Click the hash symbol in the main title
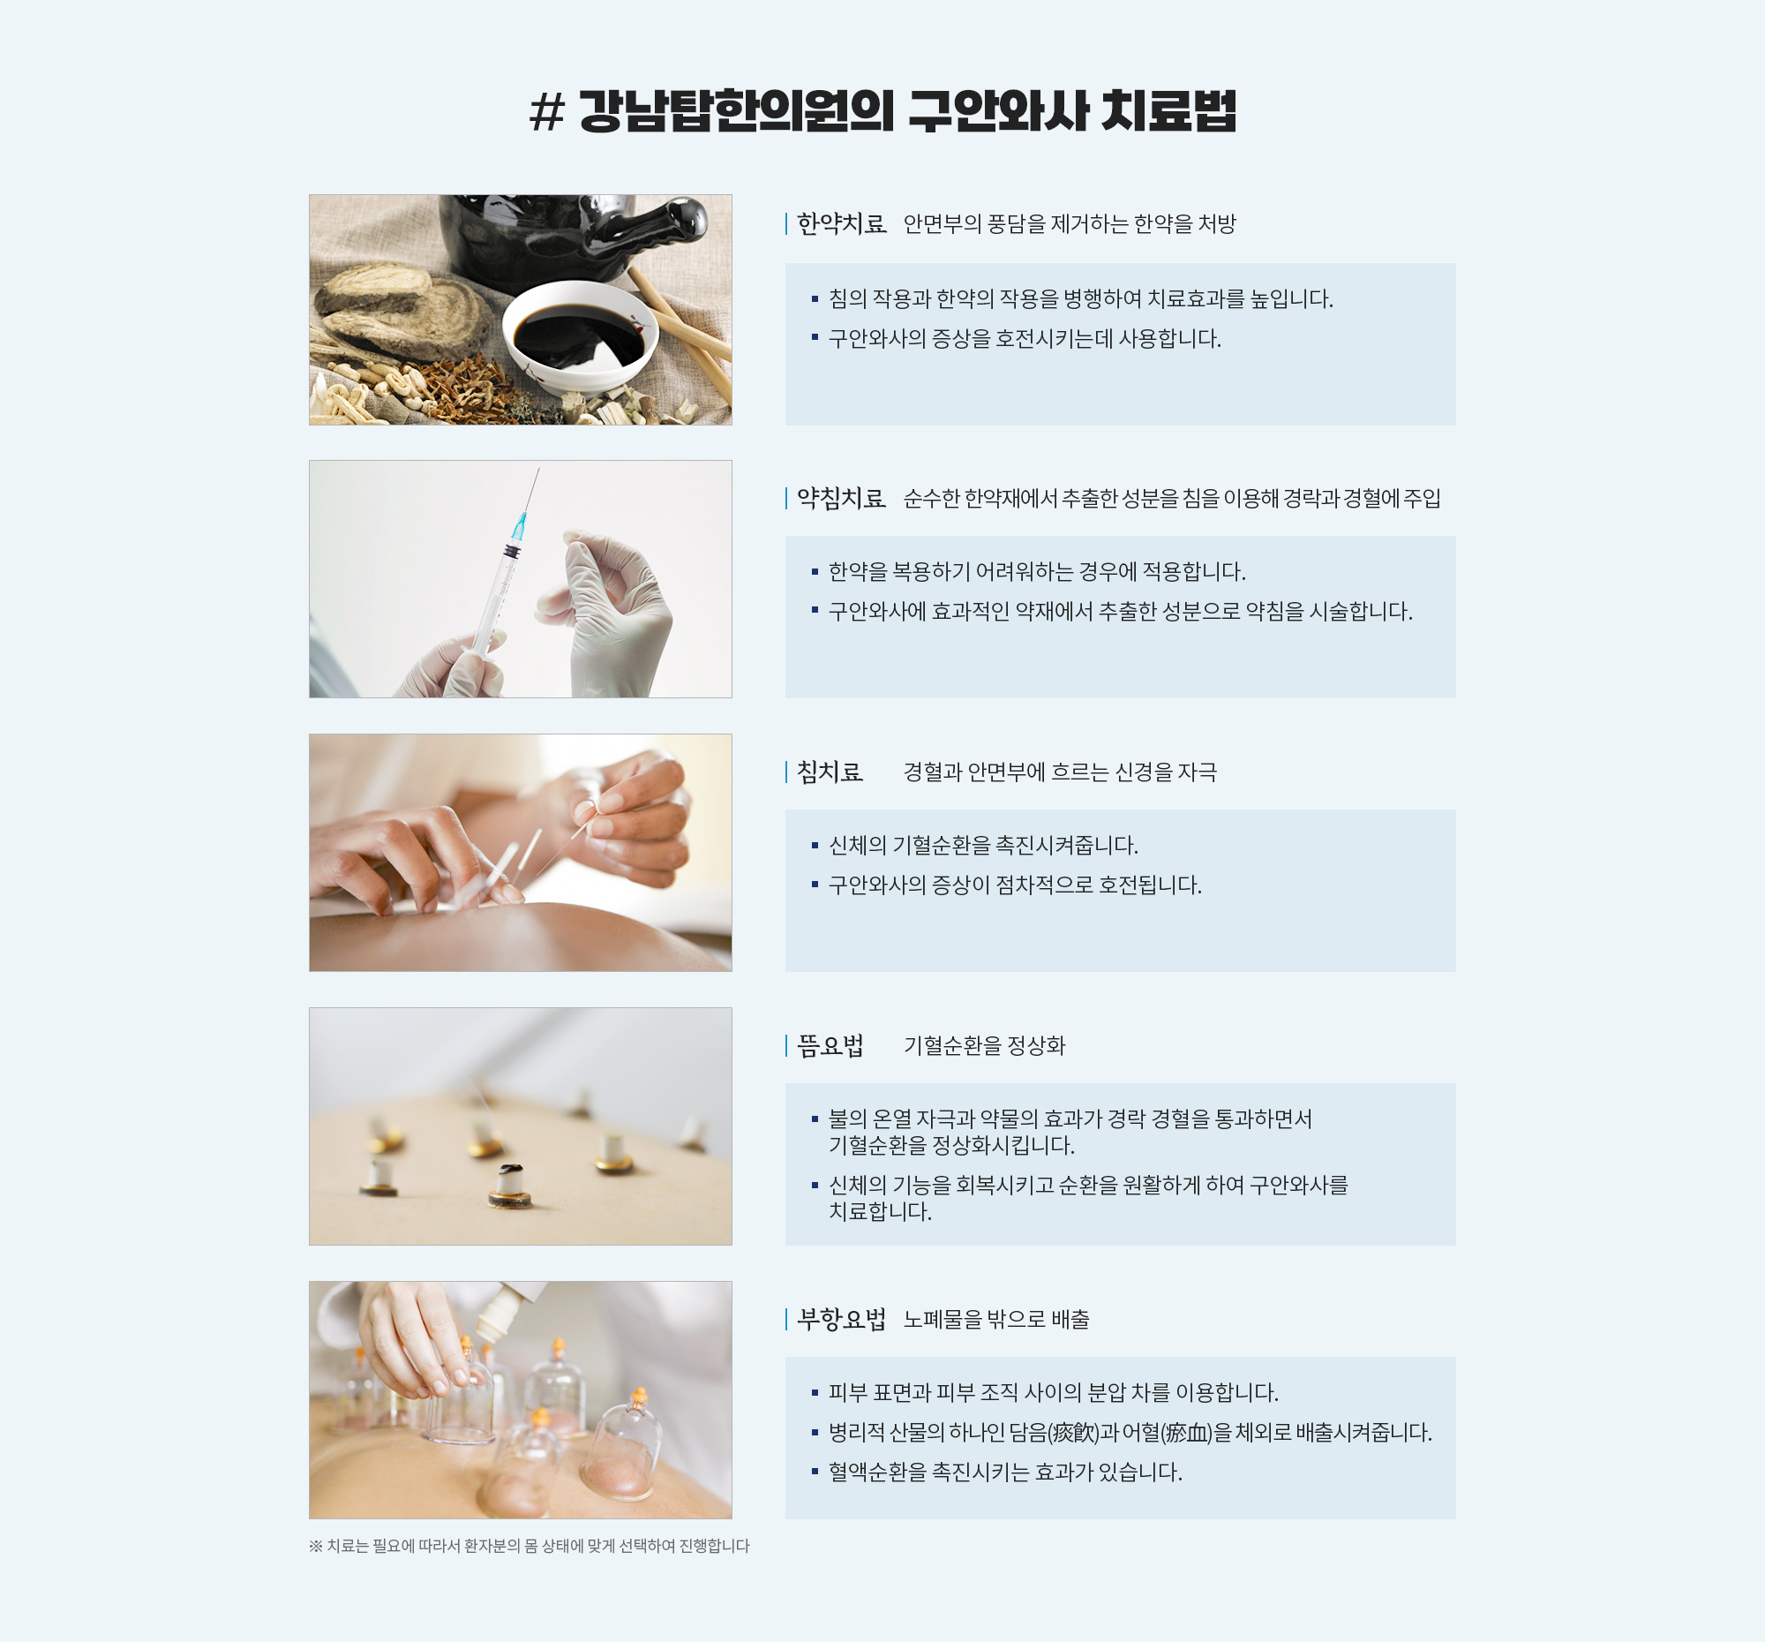(547, 112)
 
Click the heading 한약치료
(841, 223)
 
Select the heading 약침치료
(841, 498)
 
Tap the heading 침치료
(830, 772)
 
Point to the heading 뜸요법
(830, 1045)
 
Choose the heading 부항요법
(841, 1319)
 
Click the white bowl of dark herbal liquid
(581, 338)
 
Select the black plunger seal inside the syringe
(511, 552)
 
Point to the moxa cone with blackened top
(509, 1186)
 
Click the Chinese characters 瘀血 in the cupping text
(1189, 1433)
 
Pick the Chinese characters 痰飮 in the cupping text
(1075, 1433)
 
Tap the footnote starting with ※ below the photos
(529, 1546)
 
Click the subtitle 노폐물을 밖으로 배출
(996, 1319)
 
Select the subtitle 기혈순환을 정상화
(985, 1045)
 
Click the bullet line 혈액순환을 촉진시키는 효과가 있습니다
(1005, 1473)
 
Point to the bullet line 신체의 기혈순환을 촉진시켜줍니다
(983, 845)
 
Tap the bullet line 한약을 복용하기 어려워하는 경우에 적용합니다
(1037, 571)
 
